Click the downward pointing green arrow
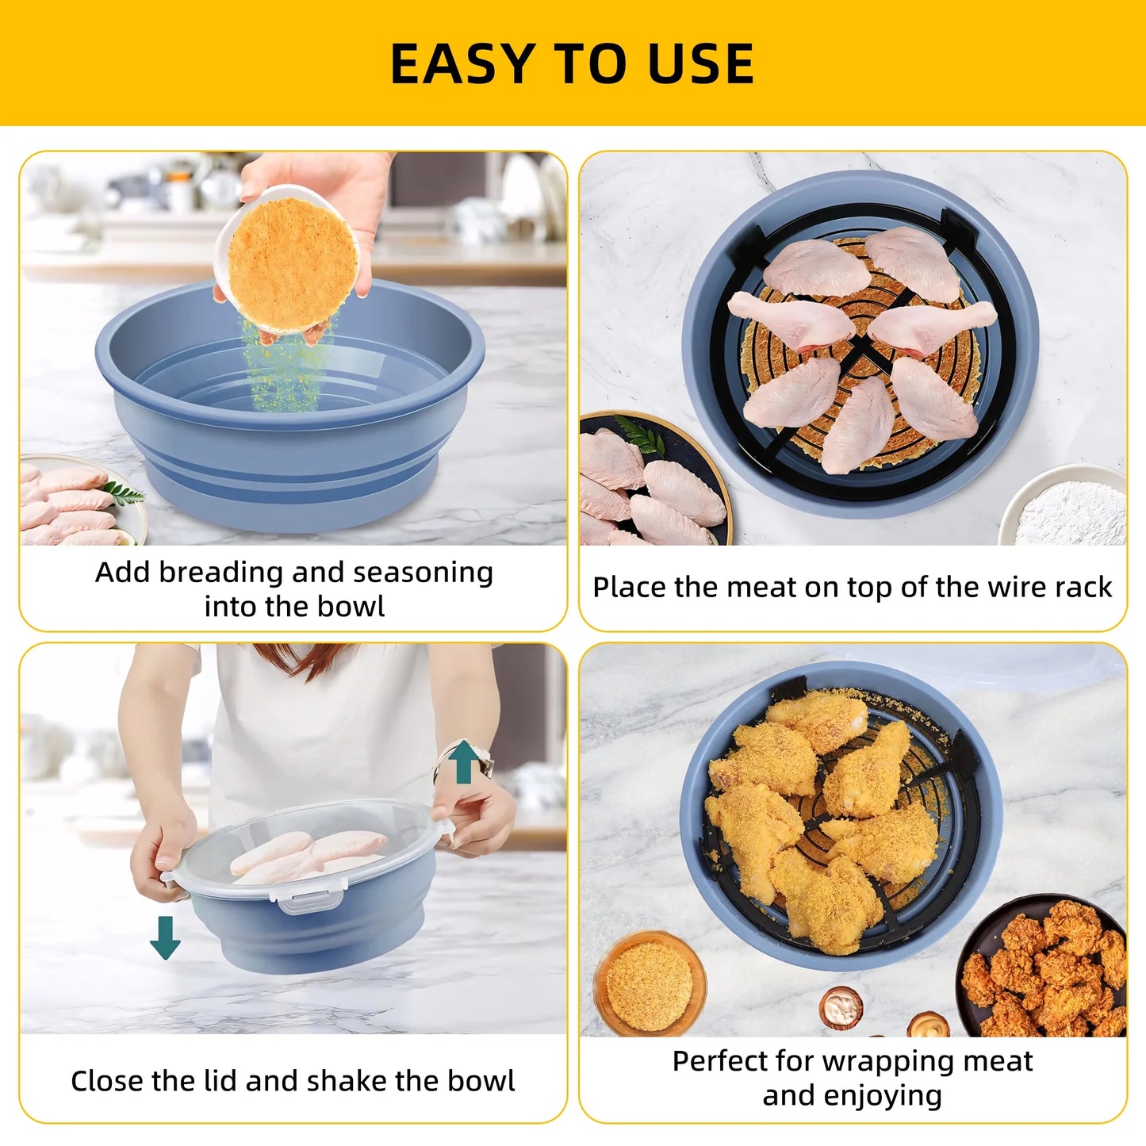click(165, 937)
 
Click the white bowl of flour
click(1066, 508)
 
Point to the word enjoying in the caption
click(892, 1095)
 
